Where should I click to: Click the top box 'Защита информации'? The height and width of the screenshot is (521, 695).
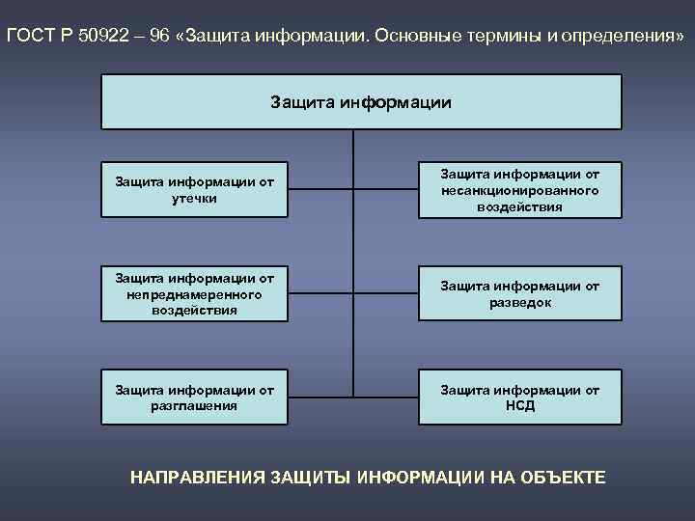pos(361,101)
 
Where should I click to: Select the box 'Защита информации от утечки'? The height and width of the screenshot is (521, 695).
pos(194,189)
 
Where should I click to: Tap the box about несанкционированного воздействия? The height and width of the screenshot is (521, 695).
pos(519,189)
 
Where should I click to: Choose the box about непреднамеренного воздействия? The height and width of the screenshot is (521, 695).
pos(194,293)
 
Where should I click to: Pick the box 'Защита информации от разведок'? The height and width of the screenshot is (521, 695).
pos(519,293)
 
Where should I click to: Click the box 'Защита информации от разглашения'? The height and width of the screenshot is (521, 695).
pos(194,397)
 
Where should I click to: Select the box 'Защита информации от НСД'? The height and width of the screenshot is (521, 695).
pos(519,397)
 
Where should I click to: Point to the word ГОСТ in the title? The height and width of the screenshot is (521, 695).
pos(31,36)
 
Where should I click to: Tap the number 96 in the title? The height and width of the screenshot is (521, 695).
pos(159,36)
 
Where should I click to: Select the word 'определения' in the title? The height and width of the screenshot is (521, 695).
pos(614,36)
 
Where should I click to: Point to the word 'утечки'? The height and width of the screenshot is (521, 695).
pos(194,198)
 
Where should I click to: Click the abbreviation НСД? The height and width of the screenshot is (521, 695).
pos(519,405)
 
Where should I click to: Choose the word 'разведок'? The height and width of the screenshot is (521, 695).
pos(519,302)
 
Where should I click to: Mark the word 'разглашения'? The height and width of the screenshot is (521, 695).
pos(194,405)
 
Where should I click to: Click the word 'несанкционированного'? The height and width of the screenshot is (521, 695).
pos(519,190)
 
